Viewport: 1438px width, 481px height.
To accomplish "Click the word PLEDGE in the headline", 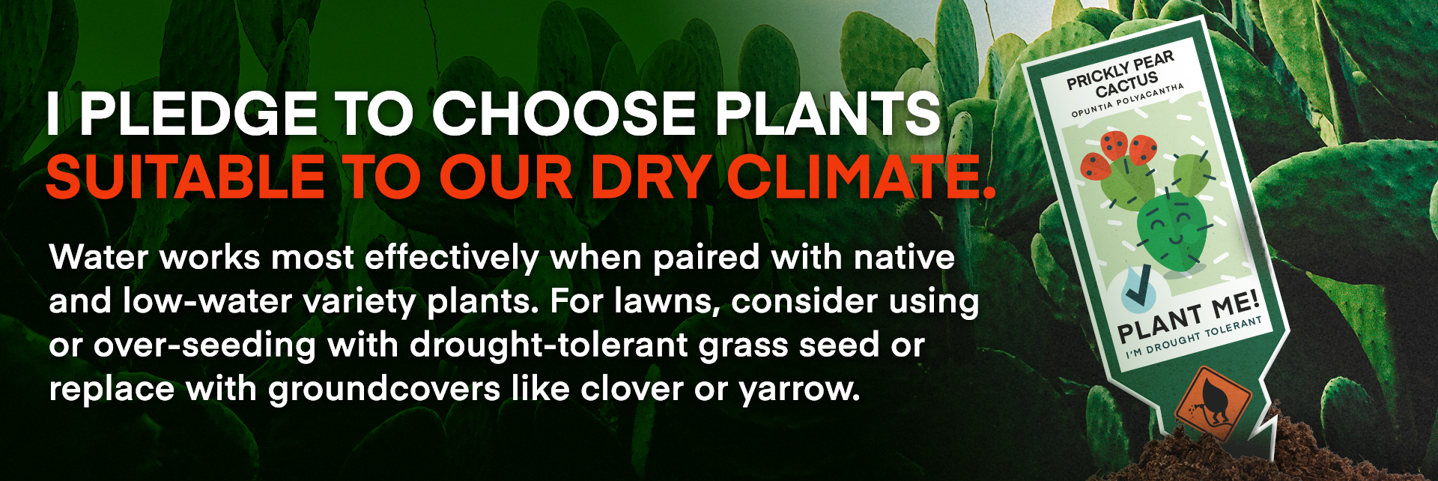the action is [x=198, y=114].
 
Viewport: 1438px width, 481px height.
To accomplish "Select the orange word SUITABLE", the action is [x=185, y=177].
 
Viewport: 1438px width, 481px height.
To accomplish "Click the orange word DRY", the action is [x=649, y=177].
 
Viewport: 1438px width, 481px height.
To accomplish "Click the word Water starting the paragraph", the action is [x=98, y=258].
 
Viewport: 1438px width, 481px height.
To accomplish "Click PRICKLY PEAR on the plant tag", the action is [x=1120, y=70].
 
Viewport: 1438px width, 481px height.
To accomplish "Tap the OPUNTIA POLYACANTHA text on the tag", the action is [x=1128, y=100].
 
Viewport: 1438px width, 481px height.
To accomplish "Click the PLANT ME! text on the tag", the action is [x=1188, y=315].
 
